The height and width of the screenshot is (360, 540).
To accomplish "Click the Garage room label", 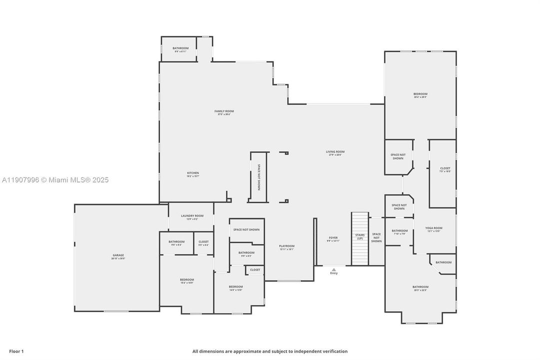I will point(118,256).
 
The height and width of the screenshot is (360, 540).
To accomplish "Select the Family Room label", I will point(224,112).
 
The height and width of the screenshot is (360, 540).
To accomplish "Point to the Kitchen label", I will point(192,174).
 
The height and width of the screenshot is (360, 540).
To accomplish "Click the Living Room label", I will point(335,153).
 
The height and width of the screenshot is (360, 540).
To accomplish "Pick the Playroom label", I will point(287,247).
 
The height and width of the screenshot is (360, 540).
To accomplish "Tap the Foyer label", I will point(333,239).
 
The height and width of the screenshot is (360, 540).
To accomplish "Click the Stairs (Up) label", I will point(360,236).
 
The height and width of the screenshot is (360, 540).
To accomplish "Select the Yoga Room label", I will point(434,229).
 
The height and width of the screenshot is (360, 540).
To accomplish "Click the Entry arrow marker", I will point(334,270).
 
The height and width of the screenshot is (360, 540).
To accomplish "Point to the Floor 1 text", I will point(16,351).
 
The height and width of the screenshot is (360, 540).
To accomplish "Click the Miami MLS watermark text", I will point(55,180).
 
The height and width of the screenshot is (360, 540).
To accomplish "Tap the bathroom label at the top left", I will point(180,49).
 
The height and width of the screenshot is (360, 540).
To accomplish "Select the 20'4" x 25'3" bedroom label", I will point(420,95).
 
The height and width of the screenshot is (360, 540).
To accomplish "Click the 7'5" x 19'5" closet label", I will point(445,169).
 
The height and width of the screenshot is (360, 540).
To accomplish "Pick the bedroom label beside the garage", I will point(187,281).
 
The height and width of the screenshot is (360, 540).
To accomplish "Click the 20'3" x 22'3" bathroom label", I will point(420,288).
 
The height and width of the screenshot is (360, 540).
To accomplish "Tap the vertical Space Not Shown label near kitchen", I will point(259,177).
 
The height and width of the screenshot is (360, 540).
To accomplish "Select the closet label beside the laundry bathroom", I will point(203,242).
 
